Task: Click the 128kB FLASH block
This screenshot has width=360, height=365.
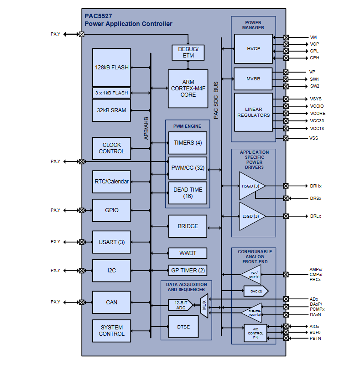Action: pyautogui.click(x=111, y=68)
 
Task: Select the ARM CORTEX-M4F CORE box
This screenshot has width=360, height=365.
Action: pyautogui.click(x=188, y=89)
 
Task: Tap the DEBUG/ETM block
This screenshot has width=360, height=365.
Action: pyautogui.click(x=188, y=52)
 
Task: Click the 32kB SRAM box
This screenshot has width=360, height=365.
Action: pyautogui.click(x=111, y=110)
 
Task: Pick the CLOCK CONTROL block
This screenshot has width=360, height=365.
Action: pyautogui.click(x=111, y=148)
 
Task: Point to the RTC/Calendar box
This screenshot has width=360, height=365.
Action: pyautogui.click(x=111, y=182)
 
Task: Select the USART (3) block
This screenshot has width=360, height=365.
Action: pyautogui.click(x=111, y=242)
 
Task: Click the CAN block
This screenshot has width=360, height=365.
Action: pyautogui.click(x=111, y=302)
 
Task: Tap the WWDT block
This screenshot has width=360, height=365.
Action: pyautogui.click(x=188, y=253)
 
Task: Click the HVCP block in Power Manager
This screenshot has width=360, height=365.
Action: pyautogui.click(x=253, y=48)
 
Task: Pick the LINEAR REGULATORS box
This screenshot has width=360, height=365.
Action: pyautogui.click(x=253, y=112)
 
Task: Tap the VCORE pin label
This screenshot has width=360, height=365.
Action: pyautogui.click(x=318, y=114)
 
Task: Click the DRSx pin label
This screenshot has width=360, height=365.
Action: pyautogui.click(x=316, y=198)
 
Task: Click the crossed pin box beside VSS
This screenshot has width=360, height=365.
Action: pyautogui.click(x=286, y=138)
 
